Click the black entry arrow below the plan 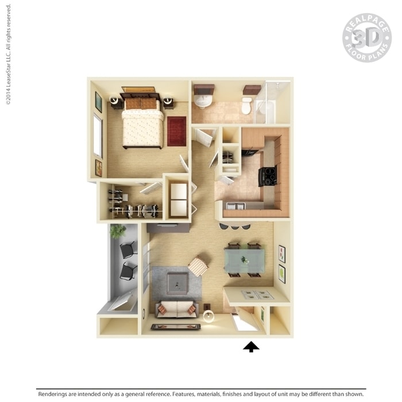[251, 347]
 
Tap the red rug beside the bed [177, 131]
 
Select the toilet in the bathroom [247, 105]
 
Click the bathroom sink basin [203, 100]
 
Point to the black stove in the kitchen [268, 176]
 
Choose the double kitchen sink [235, 206]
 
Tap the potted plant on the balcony [118, 231]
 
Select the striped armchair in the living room [198, 266]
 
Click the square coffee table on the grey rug [177, 283]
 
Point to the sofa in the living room [177, 309]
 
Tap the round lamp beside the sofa [208, 316]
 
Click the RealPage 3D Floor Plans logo [367, 38]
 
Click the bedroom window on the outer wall [98, 136]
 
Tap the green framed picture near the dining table [282, 273]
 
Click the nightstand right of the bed [168, 102]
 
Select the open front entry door [246, 319]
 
